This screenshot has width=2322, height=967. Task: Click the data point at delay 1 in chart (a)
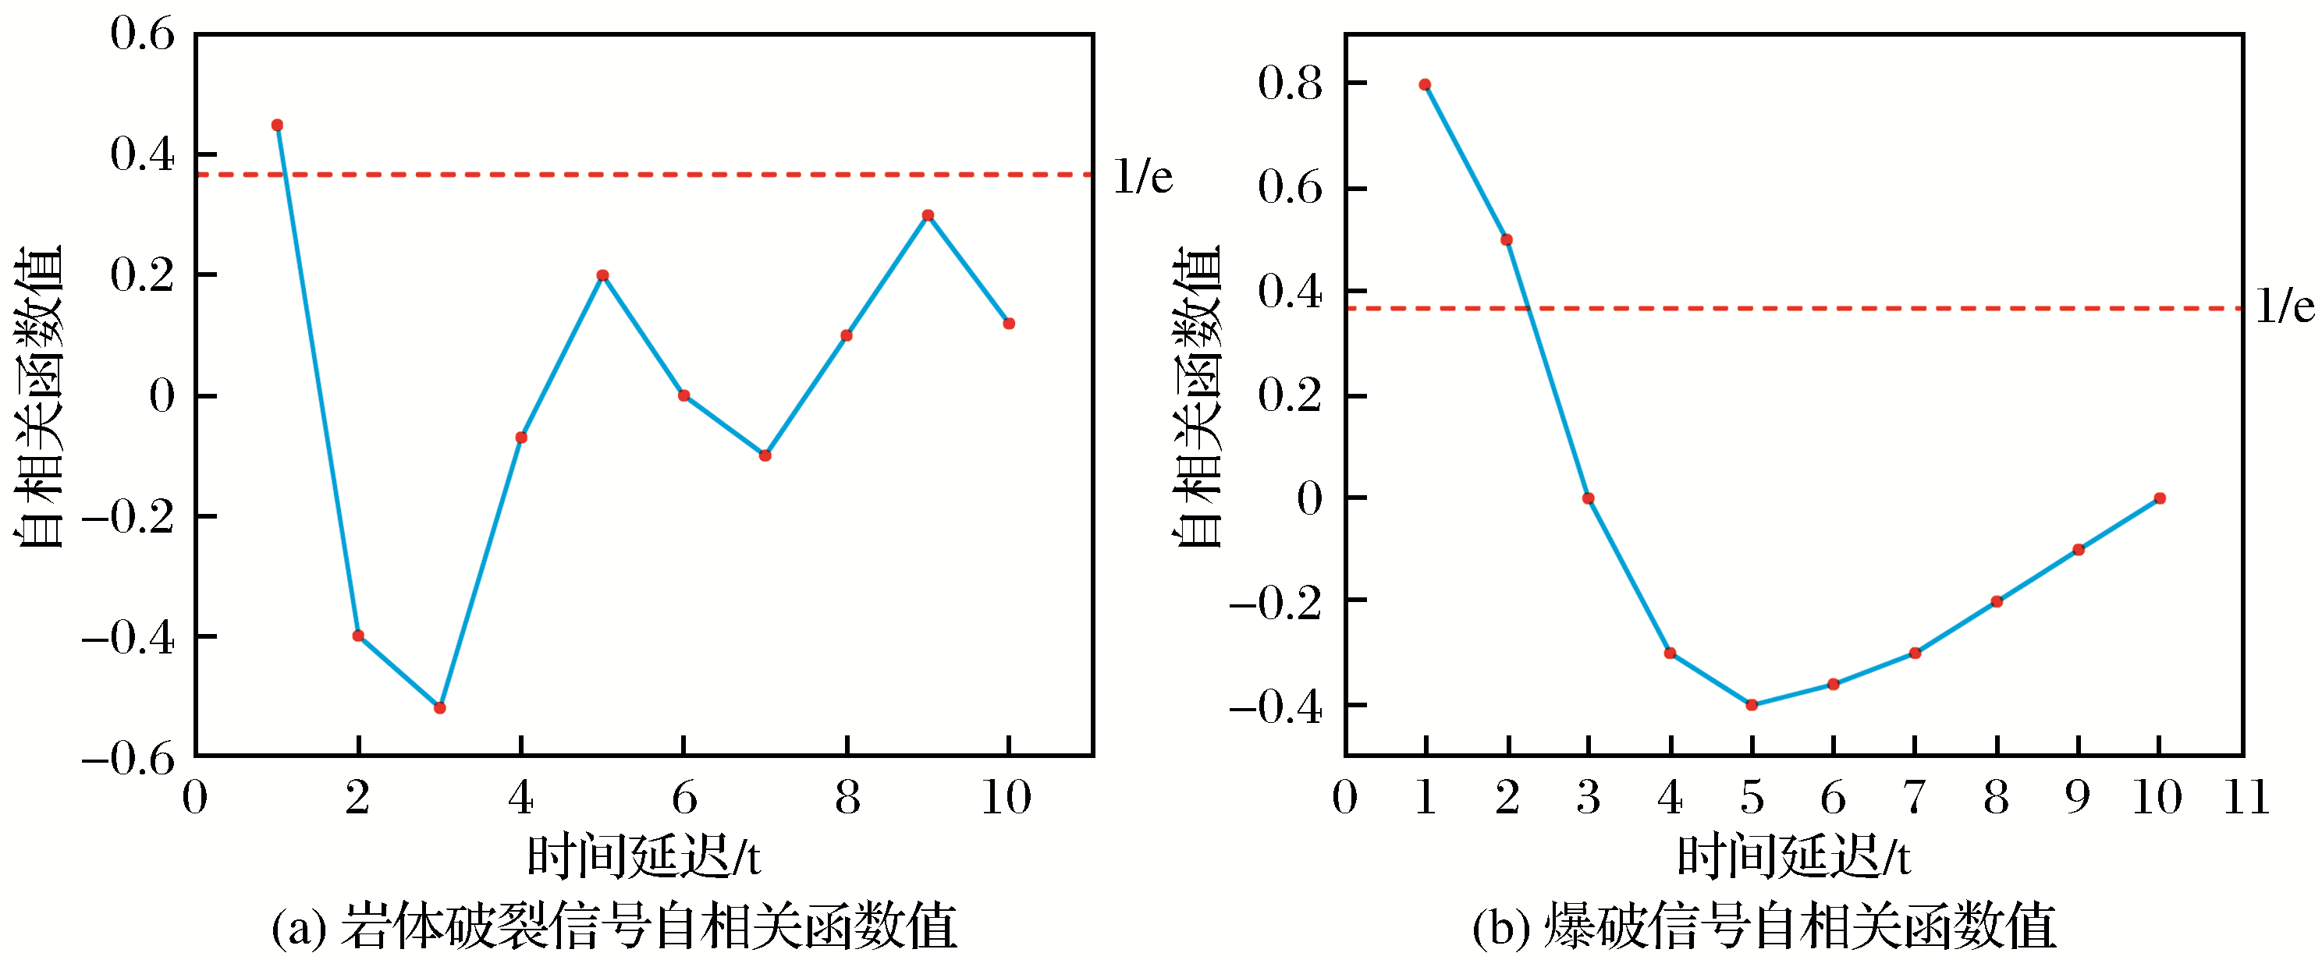pos(277,126)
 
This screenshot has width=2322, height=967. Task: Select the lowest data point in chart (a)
pos(440,707)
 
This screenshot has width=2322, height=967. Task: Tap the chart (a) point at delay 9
pos(928,215)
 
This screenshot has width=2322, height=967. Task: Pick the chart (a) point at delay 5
pos(603,275)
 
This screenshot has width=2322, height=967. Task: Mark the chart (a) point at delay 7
pos(765,455)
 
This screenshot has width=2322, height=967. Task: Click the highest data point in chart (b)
pos(1425,85)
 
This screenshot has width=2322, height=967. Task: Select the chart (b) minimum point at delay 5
pos(1752,705)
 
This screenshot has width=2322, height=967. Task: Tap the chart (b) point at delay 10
pos(2160,498)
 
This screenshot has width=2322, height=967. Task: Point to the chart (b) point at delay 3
pos(1589,498)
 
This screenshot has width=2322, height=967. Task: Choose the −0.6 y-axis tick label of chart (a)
pos(128,759)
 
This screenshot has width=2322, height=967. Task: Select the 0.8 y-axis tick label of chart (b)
pos(1290,83)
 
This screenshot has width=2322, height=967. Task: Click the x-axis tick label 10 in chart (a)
pos(1006,797)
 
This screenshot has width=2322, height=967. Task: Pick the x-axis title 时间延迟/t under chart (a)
pos(643,856)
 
